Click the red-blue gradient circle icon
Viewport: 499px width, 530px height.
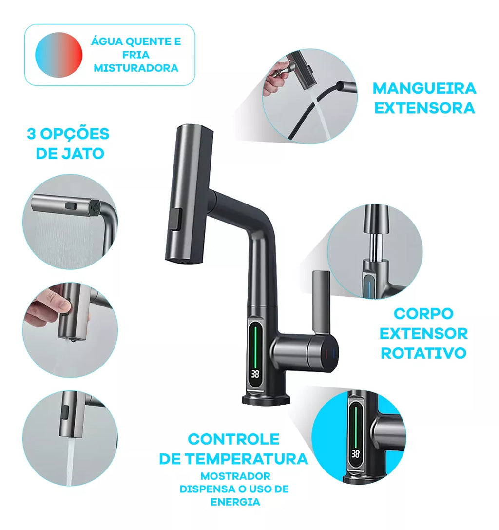click(58, 55)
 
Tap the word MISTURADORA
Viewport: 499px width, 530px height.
click(136, 68)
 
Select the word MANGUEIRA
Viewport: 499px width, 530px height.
click(424, 88)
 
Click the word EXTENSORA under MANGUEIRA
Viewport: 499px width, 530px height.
click(424, 108)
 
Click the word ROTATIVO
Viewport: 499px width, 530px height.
click(423, 353)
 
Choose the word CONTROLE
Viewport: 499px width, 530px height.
click(233, 439)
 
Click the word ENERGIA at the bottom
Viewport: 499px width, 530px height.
click(235, 502)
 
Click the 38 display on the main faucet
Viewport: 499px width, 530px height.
click(256, 374)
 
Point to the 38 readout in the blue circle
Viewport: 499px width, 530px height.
click(355, 454)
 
